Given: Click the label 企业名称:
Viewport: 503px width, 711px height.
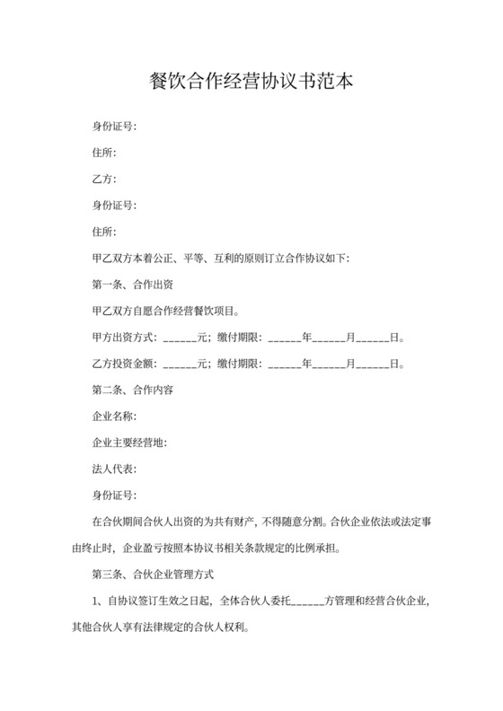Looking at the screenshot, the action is click(x=114, y=417).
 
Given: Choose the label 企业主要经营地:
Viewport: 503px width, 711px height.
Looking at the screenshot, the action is click(x=130, y=443).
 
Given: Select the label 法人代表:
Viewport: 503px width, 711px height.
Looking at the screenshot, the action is click(x=114, y=470).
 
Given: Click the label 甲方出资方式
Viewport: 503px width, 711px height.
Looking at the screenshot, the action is click(x=125, y=338).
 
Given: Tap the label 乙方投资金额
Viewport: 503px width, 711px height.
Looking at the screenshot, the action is click(x=125, y=364).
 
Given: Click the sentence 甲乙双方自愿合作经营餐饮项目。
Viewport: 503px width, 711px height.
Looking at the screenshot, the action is click(x=165, y=312).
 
